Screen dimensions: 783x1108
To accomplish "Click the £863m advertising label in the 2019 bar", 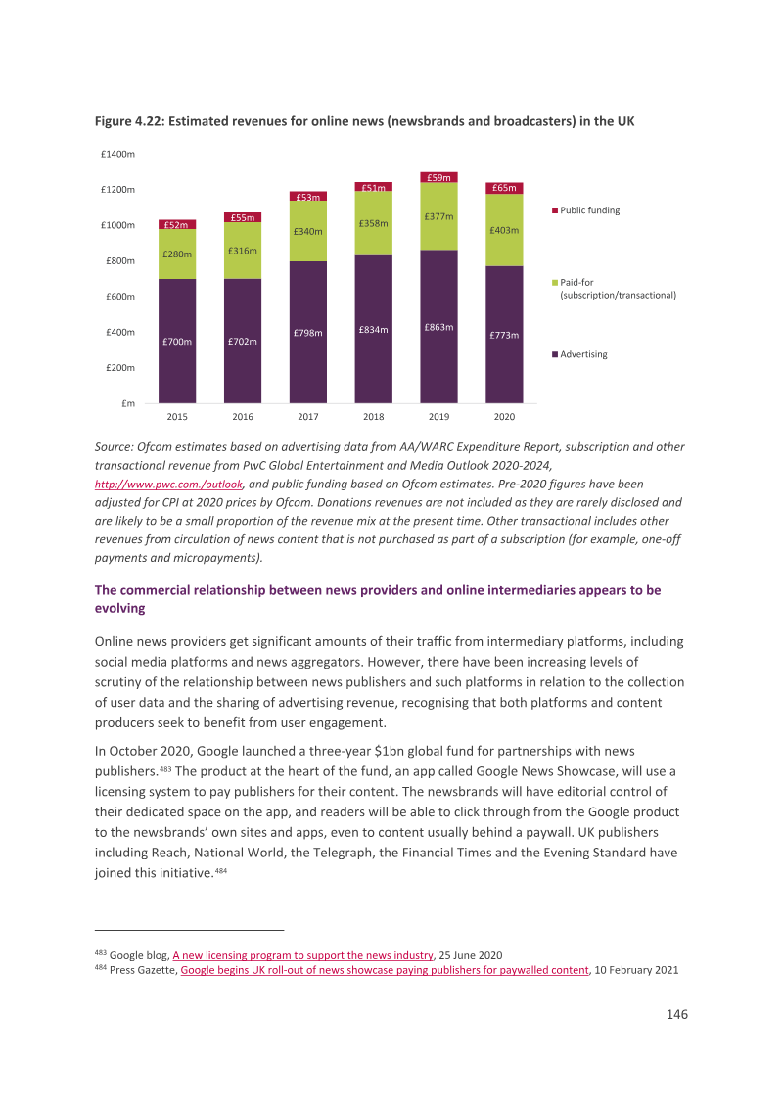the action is [438, 327].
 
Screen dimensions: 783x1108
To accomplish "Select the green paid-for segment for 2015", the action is [177, 254].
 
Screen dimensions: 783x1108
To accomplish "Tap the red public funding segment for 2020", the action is [504, 188].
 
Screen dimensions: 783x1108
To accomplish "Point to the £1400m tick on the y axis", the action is [118, 154].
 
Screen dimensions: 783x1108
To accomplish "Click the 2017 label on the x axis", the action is [308, 417].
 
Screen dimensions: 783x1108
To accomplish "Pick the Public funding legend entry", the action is [586, 210].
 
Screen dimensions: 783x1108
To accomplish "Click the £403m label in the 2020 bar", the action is [504, 230].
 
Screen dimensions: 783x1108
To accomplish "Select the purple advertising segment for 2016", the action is [243, 341].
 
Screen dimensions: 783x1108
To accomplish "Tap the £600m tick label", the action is [120, 296].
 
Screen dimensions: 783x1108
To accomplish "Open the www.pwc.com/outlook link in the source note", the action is [169, 485].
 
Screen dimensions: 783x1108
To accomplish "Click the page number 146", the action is [677, 1014].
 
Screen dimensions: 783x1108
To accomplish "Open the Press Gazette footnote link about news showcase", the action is [385, 970].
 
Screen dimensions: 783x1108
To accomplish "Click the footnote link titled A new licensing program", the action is [302, 955].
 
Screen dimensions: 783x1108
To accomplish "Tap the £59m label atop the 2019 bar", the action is [438, 177].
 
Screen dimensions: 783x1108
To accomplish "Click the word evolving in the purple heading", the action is [120, 609].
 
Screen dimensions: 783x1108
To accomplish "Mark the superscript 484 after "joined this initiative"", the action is [220, 870].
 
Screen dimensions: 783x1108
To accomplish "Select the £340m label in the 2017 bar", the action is [308, 232].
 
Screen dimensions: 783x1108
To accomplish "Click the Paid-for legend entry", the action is [614, 289].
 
